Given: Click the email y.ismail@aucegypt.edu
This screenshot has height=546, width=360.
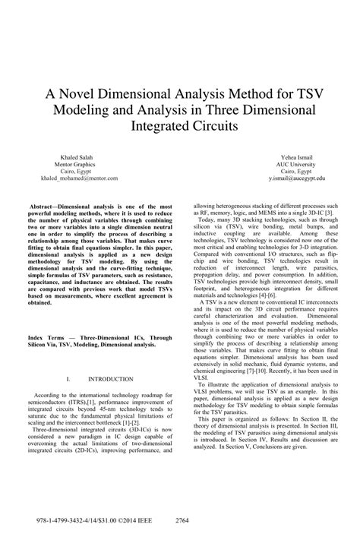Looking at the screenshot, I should tap(295, 183).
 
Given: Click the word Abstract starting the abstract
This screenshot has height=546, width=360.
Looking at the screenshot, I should tap(46, 207).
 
